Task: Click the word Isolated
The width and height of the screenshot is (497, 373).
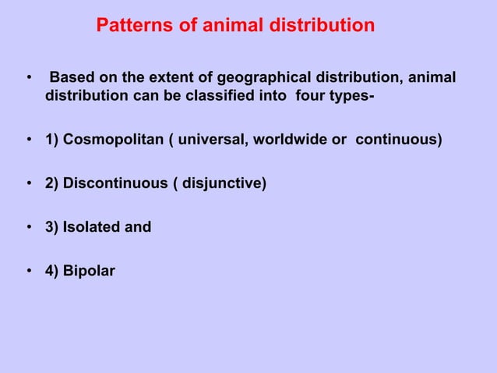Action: coord(93,228)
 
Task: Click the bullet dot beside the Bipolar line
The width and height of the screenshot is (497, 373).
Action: coord(29,272)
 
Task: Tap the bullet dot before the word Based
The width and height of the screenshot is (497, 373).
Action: coord(29,80)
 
